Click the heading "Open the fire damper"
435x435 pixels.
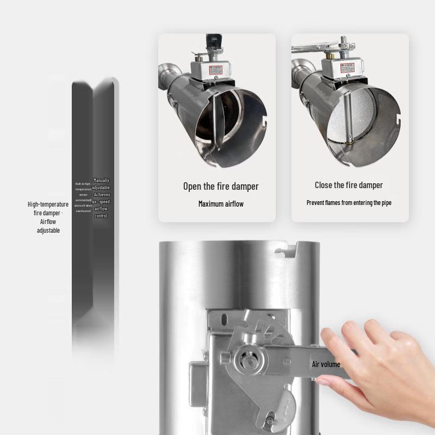pyautogui.click(x=221, y=187)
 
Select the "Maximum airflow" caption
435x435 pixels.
pyautogui.click(x=221, y=204)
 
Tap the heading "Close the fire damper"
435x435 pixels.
pyautogui.click(x=349, y=185)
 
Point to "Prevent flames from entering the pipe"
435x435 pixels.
pyautogui.click(x=349, y=203)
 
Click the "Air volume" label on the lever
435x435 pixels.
pyautogui.click(x=326, y=364)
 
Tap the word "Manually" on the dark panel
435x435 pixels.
pyautogui.click(x=101, y=181)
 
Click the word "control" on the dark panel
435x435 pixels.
pyautogui.click(x=101, y=216)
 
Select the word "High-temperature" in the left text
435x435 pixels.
pyautogui.click(x=48, y=204)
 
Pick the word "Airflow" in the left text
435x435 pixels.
pyautogui.click(x=48, y=222)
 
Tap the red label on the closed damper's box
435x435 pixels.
pyautogui.click(x=346, y=66)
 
